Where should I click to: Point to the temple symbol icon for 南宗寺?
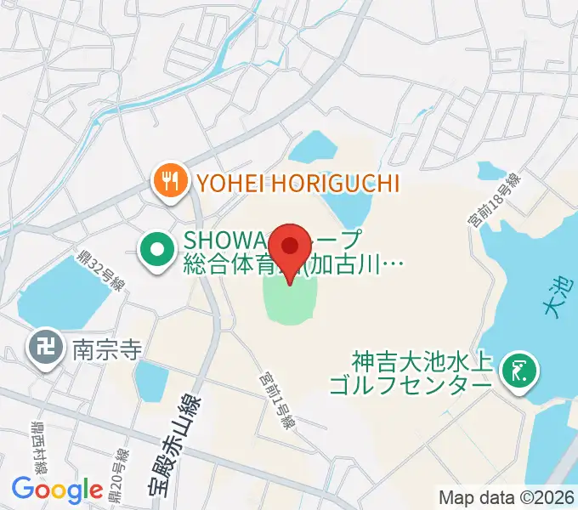coord(43,348)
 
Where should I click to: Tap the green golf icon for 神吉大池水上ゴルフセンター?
coord(518,371)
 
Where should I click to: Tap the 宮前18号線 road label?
coord(493,201)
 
